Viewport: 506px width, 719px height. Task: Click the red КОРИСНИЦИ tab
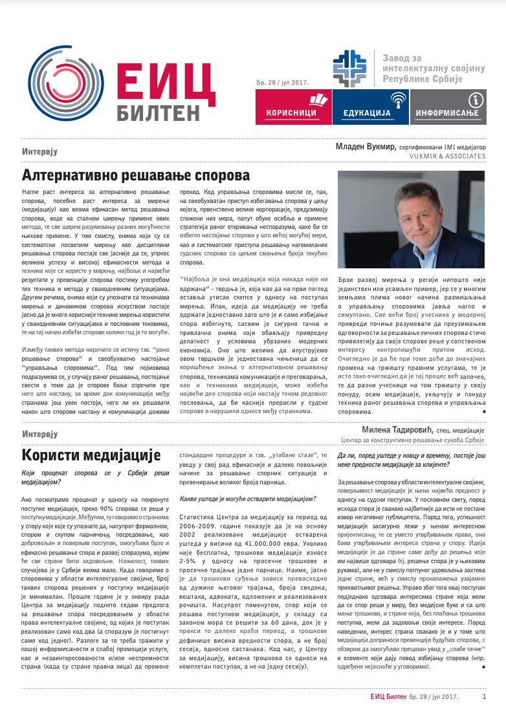click(292, 107)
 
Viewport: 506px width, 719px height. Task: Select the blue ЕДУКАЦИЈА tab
click(370, 107)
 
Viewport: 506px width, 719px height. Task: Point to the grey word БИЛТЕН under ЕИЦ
click(159, 112)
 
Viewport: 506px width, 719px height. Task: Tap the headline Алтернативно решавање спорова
click(136, 175)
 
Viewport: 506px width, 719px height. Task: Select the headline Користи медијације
click(91, 455)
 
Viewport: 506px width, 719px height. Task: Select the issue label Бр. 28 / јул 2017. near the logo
click(281, 81)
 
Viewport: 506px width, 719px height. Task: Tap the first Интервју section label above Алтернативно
click(40, 151)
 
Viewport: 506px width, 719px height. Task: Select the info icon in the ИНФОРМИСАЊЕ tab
click(476, 100)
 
